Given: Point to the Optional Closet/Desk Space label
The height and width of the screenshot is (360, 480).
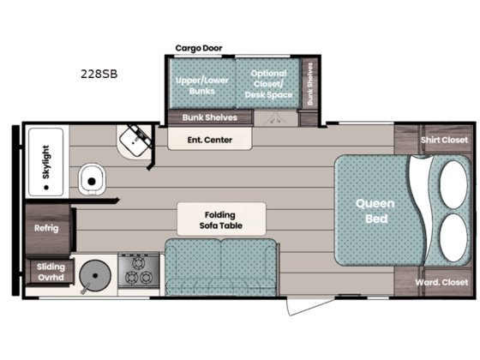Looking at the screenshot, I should [268, 84].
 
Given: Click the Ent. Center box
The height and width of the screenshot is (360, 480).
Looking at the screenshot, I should [209, 138].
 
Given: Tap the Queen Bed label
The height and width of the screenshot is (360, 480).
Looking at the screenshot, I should [374, 211].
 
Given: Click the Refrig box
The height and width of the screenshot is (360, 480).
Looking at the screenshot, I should [46, 229].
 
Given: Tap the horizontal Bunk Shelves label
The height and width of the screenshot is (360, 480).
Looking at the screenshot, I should [203, 117].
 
